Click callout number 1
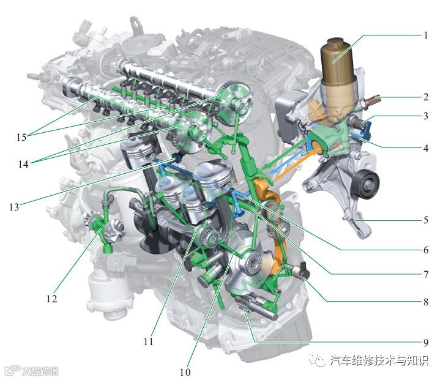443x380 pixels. [426, 35]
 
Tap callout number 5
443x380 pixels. [426, 220]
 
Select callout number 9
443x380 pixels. [426, 343]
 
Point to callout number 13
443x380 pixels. [14, 207]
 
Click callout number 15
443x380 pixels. [21, 137]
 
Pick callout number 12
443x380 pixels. [51, 299]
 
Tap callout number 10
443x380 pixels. [185, 372]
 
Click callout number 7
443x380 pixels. [426, 274]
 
